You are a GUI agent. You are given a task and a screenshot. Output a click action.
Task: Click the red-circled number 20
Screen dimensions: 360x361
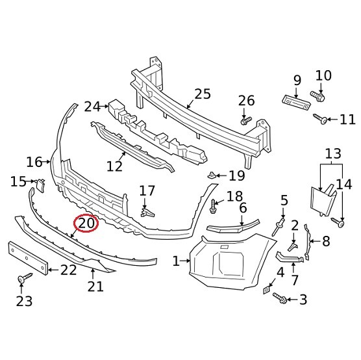click(x=86, y=223)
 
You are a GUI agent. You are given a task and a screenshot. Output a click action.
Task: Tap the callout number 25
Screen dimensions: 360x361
click(x=202, y=94)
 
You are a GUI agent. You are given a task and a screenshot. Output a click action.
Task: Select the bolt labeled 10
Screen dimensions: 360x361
click(x=318, y=96)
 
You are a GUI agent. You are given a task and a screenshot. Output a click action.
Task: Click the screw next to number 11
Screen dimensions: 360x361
click(x=321, y=118)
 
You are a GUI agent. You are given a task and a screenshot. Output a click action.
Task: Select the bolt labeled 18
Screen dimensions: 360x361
click(x=214, y=207)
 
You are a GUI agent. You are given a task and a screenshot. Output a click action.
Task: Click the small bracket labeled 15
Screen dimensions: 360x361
click(x=39, y=185)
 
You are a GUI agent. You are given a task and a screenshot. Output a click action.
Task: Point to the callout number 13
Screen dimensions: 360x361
click(x=332, y=154)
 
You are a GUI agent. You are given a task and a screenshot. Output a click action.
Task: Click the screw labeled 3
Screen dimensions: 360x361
click(x=280, y=298)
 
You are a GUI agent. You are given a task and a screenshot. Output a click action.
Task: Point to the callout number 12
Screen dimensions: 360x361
click(x=114, y=166)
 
